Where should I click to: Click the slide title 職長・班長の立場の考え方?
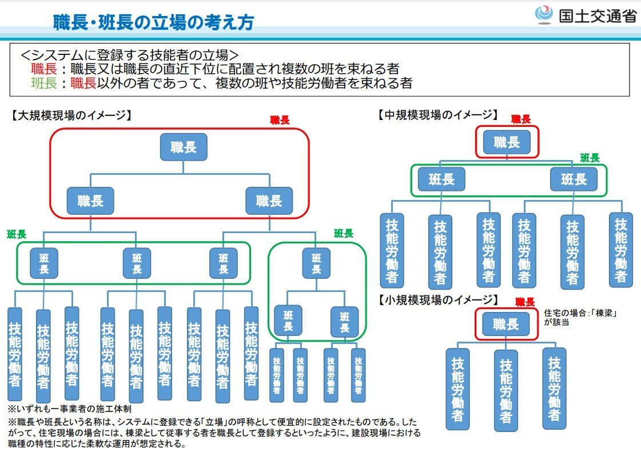tap(154, 22)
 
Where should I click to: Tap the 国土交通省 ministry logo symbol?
tap(544, 15)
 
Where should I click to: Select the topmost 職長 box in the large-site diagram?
tap(184, 147)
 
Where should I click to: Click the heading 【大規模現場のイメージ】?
tap(71, 115)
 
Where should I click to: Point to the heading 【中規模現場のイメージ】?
tap(439, 115)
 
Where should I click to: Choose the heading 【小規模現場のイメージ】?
tap(439, 300)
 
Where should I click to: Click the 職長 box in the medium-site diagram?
tap(507, 142)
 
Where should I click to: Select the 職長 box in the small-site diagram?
tap(506, 324)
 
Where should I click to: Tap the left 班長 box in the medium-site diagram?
tap(441, 179)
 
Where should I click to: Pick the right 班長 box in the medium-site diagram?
tap(574, 179)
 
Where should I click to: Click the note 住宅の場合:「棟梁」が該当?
tap(580, 318)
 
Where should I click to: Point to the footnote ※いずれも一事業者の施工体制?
tap(70, 409)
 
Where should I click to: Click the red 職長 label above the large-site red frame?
tap(280, 120)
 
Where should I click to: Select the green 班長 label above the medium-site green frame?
tap(590, 158)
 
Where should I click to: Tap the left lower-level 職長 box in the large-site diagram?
tap(90, 201)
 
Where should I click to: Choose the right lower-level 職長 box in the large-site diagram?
tap(269, 201)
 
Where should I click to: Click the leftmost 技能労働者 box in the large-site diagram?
tap(15, 354)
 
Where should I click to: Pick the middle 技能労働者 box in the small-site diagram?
tap(506, 391)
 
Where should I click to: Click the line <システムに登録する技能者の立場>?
tap(129, 55)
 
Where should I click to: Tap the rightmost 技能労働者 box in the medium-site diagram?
tap(620, 250)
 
